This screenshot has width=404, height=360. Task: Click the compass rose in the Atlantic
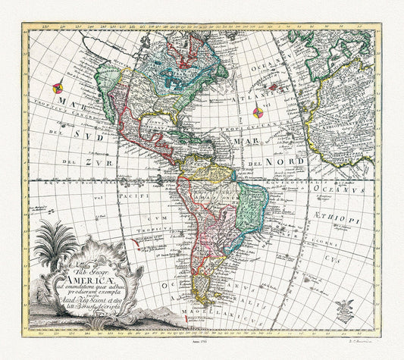click(x=258, y=114)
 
